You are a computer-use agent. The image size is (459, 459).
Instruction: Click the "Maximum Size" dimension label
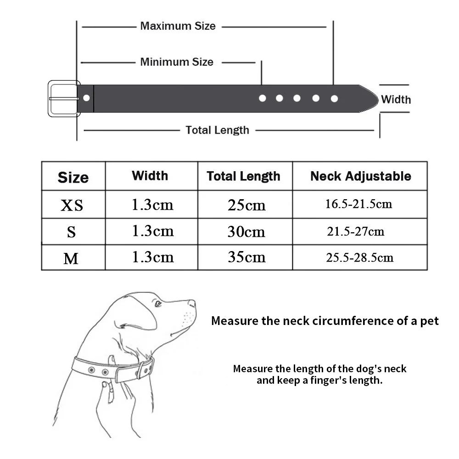click(x=178, y=26)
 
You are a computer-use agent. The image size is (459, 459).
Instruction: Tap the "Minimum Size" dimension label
click(x=177, y=62)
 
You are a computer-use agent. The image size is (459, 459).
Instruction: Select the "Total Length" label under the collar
click(x=217, y=130)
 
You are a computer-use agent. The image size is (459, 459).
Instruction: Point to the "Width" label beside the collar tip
click(x=396, y=99)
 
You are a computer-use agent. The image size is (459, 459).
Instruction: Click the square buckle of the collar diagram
click(x=63, y=98)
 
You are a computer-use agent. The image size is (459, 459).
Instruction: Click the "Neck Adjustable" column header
click(x=360, y=176)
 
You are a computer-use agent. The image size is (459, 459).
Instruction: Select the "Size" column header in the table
click(x=73, y=177)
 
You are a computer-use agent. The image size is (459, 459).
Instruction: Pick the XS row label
click(x=72, y=205)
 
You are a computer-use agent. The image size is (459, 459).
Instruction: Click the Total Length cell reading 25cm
click(x=246, y=205)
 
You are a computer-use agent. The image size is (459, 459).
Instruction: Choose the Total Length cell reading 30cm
click(x=246, y=232)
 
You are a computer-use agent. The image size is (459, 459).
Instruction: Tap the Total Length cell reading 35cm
click(x=246, y=257)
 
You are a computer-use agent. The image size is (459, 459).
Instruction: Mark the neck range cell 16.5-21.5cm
click(x=358, y=204)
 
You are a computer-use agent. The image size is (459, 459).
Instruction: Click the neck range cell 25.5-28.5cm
click(x=359, y=257)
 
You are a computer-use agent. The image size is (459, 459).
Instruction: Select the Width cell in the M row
click(x=152, y=257)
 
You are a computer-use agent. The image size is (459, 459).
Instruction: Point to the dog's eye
click(x=158, y=303)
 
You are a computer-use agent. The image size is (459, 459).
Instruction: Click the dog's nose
click(x=192, y=303)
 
